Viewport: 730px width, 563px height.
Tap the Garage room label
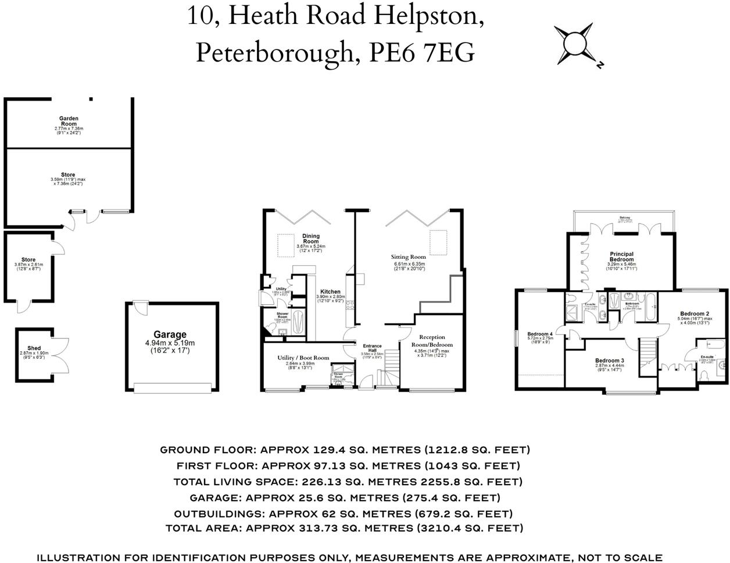tap(170, 334)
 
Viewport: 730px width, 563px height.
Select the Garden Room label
tap(69, 121)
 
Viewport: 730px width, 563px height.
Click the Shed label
tap(34, 348)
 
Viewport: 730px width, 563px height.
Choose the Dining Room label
tap(311, 238)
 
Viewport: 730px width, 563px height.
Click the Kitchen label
tap(331, 292)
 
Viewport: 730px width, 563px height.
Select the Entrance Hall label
tap(372, 348)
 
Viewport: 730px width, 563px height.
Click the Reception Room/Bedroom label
tap(432, 341)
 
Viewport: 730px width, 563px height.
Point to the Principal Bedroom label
tap(621, 256)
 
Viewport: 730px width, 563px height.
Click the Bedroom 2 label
tap(695, 314)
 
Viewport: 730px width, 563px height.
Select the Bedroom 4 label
tap(539, 334)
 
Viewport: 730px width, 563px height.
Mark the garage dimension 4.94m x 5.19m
tap(170, 343)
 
